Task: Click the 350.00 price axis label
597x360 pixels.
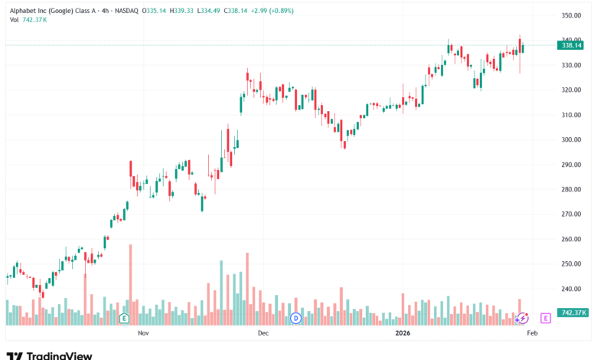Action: (x=573, y=15)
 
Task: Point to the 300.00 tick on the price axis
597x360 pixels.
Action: (x=573, y=140)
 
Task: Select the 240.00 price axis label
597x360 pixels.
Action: (x=573, y=289)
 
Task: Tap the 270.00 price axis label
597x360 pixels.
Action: (x=573, y=214)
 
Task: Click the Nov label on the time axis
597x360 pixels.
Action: (x=143, y=333)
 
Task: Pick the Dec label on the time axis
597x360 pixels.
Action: (x=263, y=333)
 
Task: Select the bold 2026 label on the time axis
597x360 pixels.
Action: (x=403, y=333)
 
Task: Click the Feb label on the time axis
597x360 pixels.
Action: (x=533, y=333)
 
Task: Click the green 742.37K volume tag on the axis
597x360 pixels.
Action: (x=573, y=313)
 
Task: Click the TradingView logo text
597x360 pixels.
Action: (x=59, y=355)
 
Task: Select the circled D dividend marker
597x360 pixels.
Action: (x=296, y=318)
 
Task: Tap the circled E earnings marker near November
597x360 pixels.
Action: (x=123, y=318)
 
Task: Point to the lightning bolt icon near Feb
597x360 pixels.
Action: (x=523, y=318)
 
